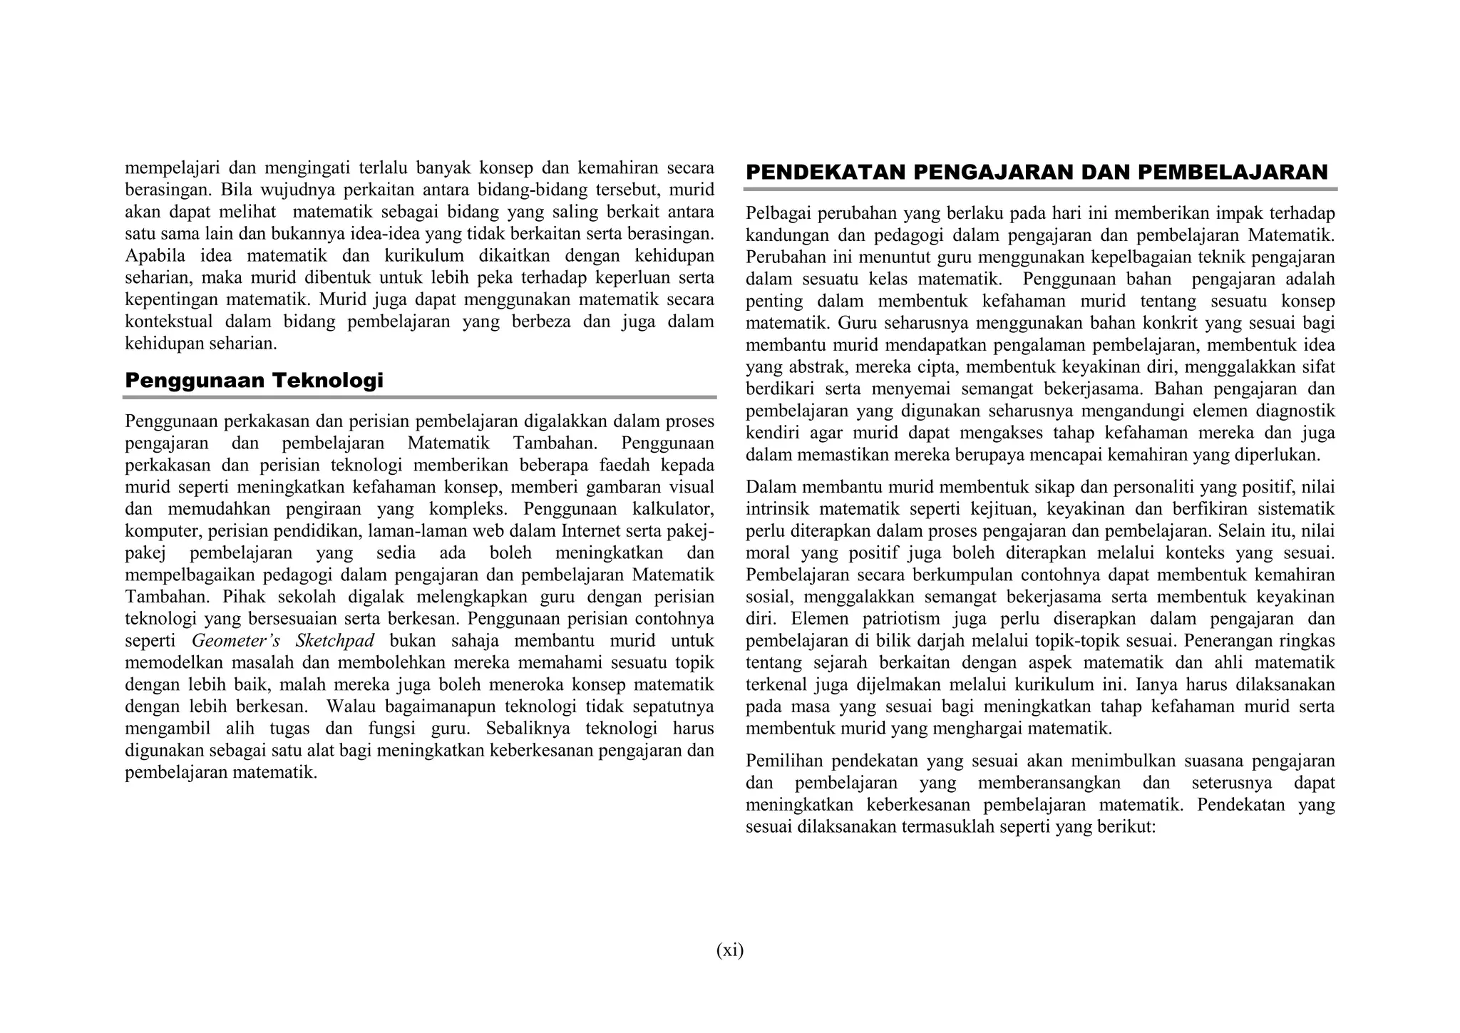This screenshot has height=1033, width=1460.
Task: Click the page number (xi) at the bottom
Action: tap(729, 950)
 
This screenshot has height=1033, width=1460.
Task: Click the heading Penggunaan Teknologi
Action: tap(254, 381)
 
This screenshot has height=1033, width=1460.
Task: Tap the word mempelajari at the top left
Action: tap(169, 168)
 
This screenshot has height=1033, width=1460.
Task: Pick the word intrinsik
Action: tap(778, 509)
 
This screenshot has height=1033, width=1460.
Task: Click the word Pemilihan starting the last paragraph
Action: tap(785, 761)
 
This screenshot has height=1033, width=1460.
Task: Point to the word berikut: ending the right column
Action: tap(1126, 827)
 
